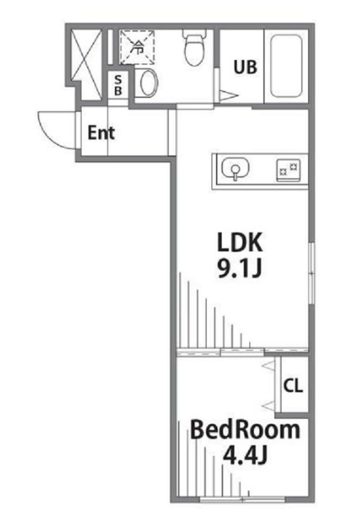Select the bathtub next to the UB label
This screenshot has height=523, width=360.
click(287, 67)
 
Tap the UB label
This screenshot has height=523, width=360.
click(246, 68)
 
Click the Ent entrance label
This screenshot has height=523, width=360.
click(101, 133)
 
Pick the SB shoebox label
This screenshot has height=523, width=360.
click(117, 85)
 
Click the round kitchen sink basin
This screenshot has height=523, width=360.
click(235, 169)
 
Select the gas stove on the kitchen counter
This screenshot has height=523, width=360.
click(288, 169)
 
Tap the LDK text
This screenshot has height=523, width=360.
click(239, 243)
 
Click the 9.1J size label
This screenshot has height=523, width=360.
click(239, 269)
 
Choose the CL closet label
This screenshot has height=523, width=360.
click(292, 387)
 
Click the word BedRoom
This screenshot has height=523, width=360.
click(244, 430)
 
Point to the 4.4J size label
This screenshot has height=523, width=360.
click(244, 454)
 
